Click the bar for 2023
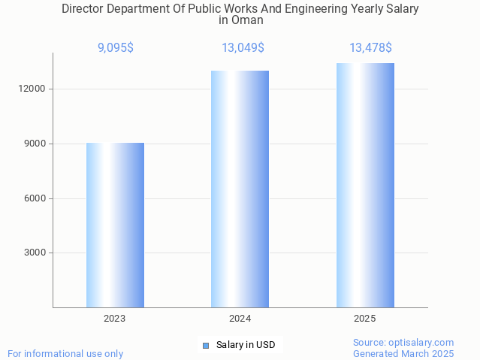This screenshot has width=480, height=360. pyautogui.click(x=115, y=225)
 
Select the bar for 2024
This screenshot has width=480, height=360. pyautogui.click(x=240, y=189)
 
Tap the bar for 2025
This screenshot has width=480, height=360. pyautogui.click(x=365, y=185)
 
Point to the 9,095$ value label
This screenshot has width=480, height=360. pyautogui.click(x=116, y=48)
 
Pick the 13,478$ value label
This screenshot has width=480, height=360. pyautogui.click(x=370, y=48)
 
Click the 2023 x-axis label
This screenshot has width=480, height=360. pyautogui.click(x=115, y=319)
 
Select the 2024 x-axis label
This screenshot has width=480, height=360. pyautogui.click(x=240, y=319)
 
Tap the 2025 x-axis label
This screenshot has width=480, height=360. pyautogui.click(x=365, y=319)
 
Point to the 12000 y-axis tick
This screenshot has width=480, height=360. pyautogui.click(x=32, y=89)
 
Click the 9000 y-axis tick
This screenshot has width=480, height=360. pyautogui.click(x=35, y=144)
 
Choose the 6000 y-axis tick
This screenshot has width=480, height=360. pyautogui.click(x=35, y=198)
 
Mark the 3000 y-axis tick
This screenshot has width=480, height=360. pyautogui.click(x=35, y=253)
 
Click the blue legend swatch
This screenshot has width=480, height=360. pyautogui.click(x=206, y=345)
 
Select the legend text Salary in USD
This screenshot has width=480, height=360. pyautogui.click(x=246, y=345)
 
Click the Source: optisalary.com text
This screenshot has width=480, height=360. pyautogui.click(x=403, y=342)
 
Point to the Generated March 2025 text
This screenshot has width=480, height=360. pyautogui.click(x=403, y=353)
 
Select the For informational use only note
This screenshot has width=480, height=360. pyautogui.click(x=65, y=353)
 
